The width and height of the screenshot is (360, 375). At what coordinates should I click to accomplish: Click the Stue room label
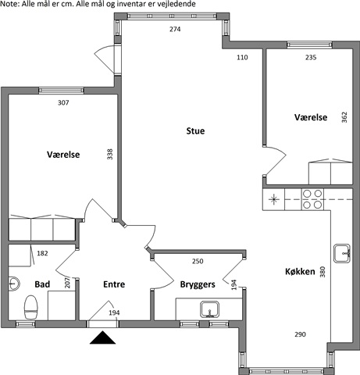click(x=195, y=130)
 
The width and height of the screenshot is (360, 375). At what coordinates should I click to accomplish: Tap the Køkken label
click(x=300, y=272)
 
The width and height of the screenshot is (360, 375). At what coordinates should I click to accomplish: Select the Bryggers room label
click(x=198, y=284)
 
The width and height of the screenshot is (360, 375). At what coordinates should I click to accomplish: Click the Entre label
click(x=114, y=284)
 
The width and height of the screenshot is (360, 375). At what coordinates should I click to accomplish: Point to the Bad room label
click(x=42, y=284)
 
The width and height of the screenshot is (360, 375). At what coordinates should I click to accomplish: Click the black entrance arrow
click(x=102, y=337)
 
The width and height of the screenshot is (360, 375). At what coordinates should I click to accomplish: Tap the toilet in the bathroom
click(x=31, y=307)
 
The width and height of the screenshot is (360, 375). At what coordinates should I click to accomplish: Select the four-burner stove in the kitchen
click(x=312, y=199)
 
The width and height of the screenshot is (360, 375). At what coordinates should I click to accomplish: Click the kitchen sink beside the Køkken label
click(x=342, y=253)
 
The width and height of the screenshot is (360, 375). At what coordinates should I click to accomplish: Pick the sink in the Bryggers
click(x=209, y=309)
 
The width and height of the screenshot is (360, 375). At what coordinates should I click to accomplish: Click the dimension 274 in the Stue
click(x=175, y=29)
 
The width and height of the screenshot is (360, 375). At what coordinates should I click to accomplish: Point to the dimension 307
click(x=63, y=102)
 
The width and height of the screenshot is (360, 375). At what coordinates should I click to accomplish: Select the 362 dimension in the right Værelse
click(x=344, y=117)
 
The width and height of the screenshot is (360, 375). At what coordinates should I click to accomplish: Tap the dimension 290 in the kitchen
click(x=300, y=334)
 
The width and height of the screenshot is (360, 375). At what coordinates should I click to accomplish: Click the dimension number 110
click(x=242, y=57)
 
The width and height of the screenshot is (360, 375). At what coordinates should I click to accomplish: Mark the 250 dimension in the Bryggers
click(x=198, y=261)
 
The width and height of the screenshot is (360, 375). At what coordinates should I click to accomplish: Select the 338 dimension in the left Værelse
click(x=110, y=154)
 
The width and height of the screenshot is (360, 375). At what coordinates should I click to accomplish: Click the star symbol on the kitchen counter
click(x=273, y=199)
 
